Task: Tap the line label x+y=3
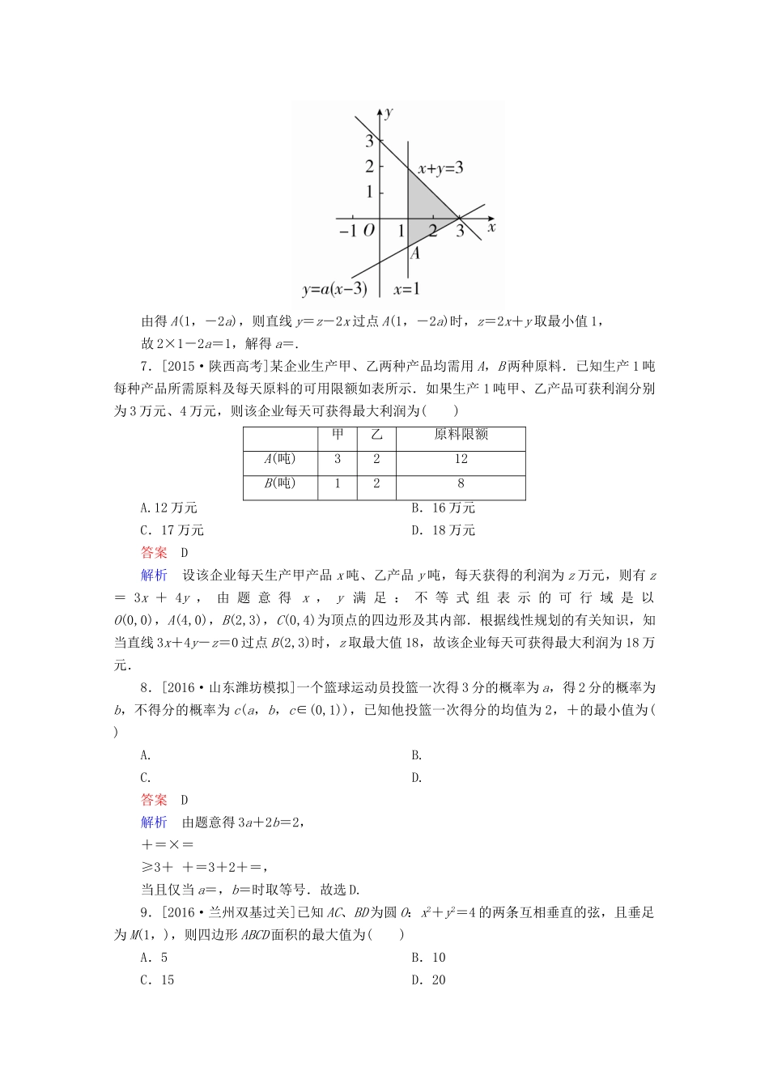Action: (x=440, y=168)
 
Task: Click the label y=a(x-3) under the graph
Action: (x=334, y=289)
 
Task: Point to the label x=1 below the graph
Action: (x=406, y=289)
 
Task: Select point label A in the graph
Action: (x=414, y=253)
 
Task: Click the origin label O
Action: (x=369, y=231)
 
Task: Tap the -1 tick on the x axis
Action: (x=347, y=231)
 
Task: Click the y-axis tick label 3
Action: (x=370, y=141)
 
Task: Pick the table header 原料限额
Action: (x=461, y=435)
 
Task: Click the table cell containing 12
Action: (x=461, y=459)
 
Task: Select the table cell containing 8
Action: (x=461, y=483)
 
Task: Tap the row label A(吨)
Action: (x=280, y=459)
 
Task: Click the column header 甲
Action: (x=338, y=435)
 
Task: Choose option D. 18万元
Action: (x=443, y=530)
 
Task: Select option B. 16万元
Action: (x=443, y=508)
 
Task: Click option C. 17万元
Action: (x=172, y=530)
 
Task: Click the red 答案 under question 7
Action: (x=154, y=553)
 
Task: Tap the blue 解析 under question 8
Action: (x=154, y=822)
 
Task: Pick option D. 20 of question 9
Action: (x=428, y=980)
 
